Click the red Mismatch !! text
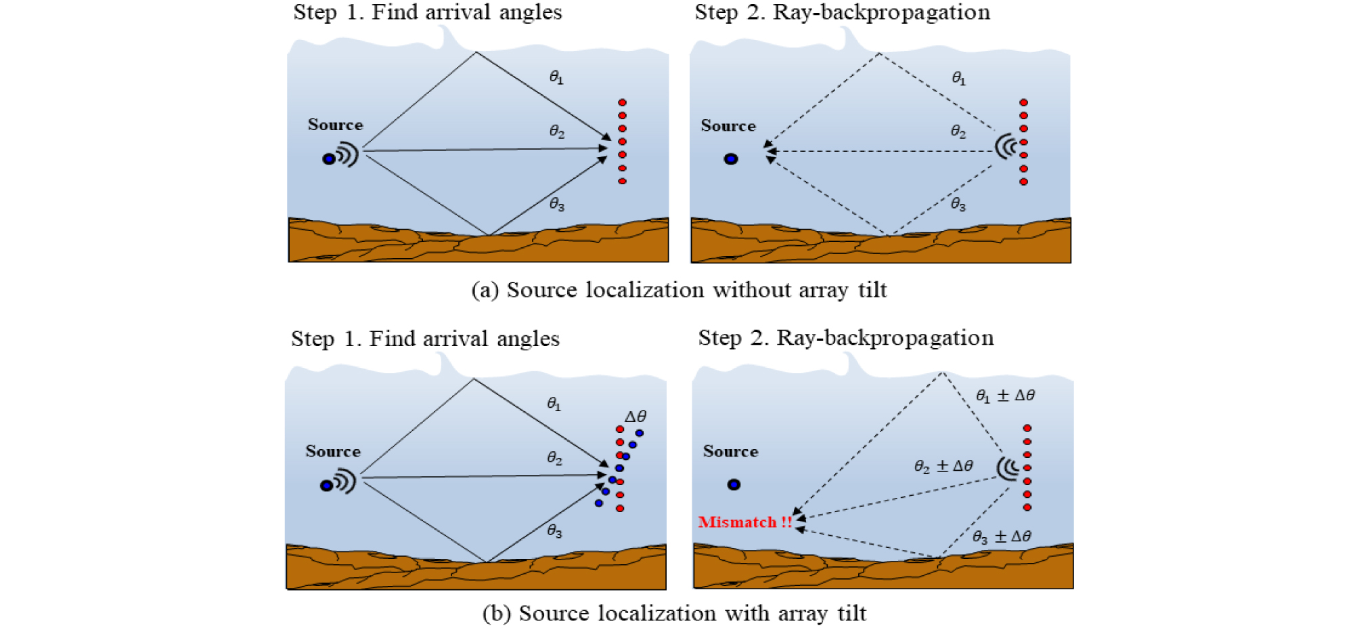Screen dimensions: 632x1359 744,522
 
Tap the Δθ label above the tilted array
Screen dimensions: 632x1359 635,417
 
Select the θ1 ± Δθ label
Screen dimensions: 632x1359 1005,396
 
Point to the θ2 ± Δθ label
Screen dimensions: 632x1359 943,466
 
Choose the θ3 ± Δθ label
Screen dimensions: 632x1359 1002,536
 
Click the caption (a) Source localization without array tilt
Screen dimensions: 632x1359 679,290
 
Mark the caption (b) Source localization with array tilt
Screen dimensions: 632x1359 674,613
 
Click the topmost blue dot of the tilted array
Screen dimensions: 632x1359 639,433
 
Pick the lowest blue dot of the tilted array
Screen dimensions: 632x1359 599,503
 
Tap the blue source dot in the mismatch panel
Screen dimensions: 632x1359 734,484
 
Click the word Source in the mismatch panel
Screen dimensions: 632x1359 730,452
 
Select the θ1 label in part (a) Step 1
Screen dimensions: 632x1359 556,77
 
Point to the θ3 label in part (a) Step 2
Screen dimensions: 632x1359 958,204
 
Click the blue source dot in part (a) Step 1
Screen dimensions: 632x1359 329,159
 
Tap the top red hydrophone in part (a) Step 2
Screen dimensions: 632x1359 1023,103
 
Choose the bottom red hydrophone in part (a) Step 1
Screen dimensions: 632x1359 622,181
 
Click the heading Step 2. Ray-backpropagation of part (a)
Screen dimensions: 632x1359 842,12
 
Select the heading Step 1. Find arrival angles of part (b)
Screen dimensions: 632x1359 425,339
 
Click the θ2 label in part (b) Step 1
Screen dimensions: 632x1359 554,459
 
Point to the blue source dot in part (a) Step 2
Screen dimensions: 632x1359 731,159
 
